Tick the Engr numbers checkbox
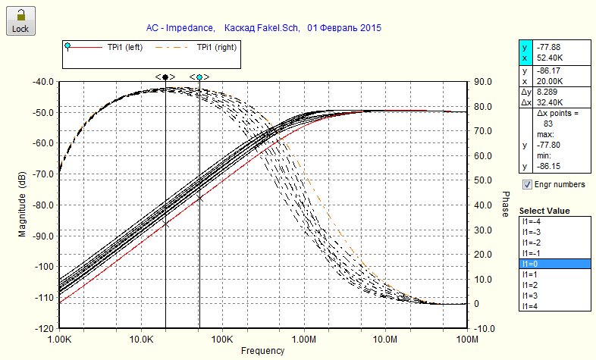click(528, 184)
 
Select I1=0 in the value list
click(554, 263)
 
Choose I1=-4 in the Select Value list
click(554, 221)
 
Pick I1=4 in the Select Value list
click(554, 305)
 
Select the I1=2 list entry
click(554, 284)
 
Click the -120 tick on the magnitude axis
click(42, 328)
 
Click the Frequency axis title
click(262, 351)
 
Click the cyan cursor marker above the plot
click(199, 77)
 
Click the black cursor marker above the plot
click(165, 77)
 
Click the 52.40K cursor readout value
click(549, 57)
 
